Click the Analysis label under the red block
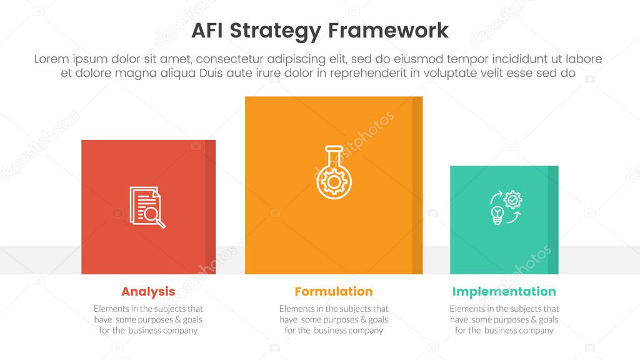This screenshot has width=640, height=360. click(x=148, y=291)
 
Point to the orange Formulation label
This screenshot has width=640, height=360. click(x=334, y=291)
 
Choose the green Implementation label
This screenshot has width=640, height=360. click(x=504, y=291)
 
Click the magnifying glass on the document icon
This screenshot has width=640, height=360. click(x=154, y=216)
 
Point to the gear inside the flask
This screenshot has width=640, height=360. click(x=334, y=182)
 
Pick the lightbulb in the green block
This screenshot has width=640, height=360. click(x=497, y=215)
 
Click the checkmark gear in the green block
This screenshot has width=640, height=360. click(x=513, y=199)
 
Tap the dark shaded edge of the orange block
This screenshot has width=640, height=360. click(x=417, y=185)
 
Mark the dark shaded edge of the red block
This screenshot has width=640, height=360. click(x=210, y=207)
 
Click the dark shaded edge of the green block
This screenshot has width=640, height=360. click(x=552, y=220)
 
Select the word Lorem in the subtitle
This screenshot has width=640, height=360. click(x=53, y=59)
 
